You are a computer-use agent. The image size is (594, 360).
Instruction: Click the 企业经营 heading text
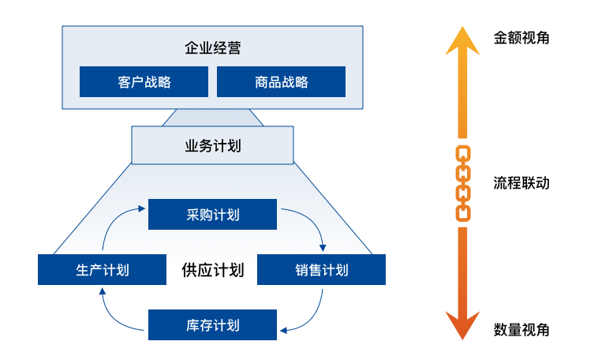(x=213, y=48)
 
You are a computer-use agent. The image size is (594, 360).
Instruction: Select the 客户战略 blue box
(x=144, y=81)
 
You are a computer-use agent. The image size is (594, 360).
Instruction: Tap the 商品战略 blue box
(x=281, y=81)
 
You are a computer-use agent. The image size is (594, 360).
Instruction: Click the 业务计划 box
(x=212, y=145)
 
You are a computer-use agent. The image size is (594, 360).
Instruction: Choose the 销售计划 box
(x=322, y=270)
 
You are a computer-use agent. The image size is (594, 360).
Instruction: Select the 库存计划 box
(x=213, y=324)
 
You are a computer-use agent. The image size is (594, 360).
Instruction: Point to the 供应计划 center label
(x=213, y=270)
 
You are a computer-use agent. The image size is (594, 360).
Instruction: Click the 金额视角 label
(x=521, y=37)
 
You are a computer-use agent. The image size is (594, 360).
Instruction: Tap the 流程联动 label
(x=521, y=183)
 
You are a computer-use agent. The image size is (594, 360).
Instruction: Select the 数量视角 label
(x=521, y=329)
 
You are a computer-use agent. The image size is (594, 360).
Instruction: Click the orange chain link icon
(x=464, y=182)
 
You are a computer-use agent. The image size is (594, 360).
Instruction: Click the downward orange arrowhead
(x=463, y=324)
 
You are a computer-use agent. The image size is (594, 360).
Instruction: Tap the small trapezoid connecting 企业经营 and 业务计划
(x=213, y=118)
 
